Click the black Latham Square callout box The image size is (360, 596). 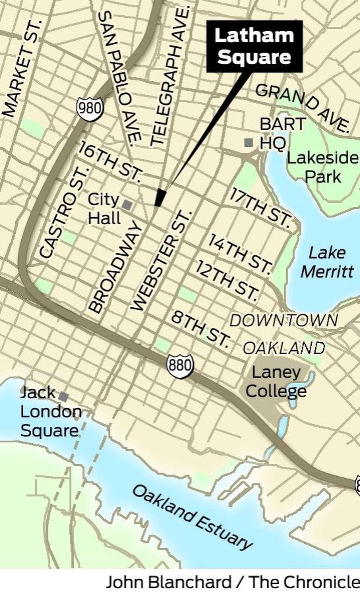click(x=254, y=46)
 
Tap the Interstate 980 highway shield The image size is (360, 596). click(x=90, y=108)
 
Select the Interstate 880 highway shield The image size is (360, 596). click(x=179, y=366)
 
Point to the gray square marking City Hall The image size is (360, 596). click(x=127, y=205)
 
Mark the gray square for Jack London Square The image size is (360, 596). click(x=63, y=396)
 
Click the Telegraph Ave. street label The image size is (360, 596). click(x=169, y=75)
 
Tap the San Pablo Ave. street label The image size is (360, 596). click(x=120, y=78)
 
